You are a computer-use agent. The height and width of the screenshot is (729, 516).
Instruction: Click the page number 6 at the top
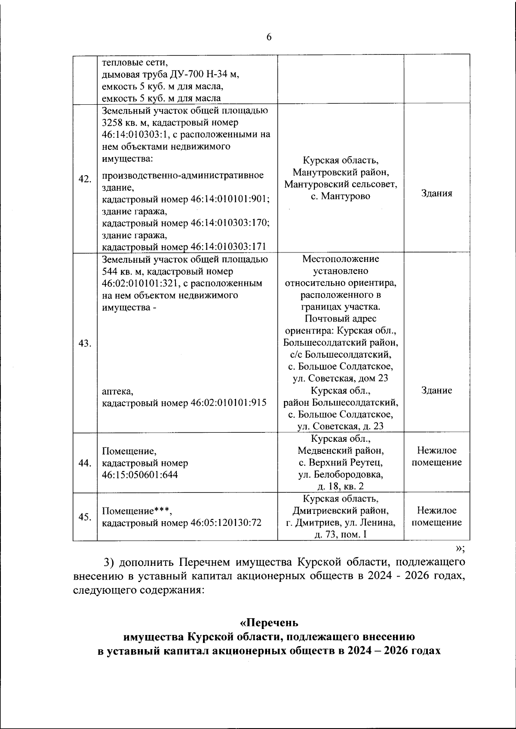(x=269, y=37)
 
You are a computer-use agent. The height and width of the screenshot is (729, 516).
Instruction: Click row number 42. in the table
(x=85, y=179)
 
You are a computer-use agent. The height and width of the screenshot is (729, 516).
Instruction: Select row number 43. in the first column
(x=85, y=343)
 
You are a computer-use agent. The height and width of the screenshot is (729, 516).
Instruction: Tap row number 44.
(x=85, y=463)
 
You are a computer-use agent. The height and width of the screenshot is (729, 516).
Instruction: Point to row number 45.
(x=85, y=517)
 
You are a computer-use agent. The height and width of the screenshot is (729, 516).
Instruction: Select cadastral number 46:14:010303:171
(x=228, y=247)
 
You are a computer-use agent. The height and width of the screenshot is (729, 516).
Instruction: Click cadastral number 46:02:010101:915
(x=228, y=403)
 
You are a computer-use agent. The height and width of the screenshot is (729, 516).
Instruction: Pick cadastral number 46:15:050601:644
(x=140, y=475)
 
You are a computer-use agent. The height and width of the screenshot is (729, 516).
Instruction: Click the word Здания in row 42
(x=436, y=194)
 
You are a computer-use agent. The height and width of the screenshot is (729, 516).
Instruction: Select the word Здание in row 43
(x=436, y=391)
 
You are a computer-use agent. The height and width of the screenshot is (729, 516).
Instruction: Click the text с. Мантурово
(x=341, y=197)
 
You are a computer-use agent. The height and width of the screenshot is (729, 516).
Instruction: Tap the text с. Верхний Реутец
(x=341, y=463)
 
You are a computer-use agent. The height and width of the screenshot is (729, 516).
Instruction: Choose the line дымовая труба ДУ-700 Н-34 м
(x=170, y=74)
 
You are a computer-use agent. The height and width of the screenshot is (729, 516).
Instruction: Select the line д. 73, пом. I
(x=341, y=535)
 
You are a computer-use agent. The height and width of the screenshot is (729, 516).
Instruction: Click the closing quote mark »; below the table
(x=460, y=548)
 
